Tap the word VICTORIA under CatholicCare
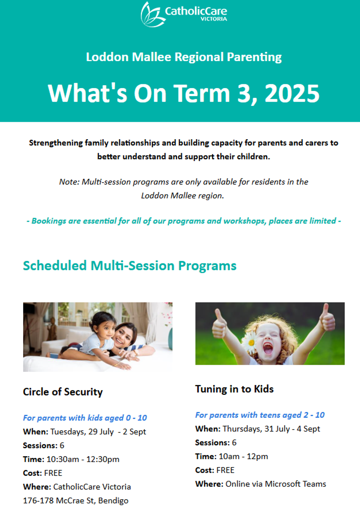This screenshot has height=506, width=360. [x=214, y=19]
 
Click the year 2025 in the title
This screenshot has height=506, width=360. [x=292, y=93]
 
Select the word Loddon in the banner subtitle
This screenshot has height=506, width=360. [x=107, y=57]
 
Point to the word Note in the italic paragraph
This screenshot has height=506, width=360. [x=69, y=182]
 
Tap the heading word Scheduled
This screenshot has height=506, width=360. [x=55, y=265]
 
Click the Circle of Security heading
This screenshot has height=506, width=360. [x=63, y=392]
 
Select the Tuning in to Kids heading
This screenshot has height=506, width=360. [x=234, y=389]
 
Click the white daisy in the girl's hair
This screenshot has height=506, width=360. [x=250, y=342]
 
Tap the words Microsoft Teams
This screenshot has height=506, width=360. [x=296, y=484]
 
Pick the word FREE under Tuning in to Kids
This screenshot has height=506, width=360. [x=226, y=470]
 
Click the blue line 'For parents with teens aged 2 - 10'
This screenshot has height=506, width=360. [x=260, y=415]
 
